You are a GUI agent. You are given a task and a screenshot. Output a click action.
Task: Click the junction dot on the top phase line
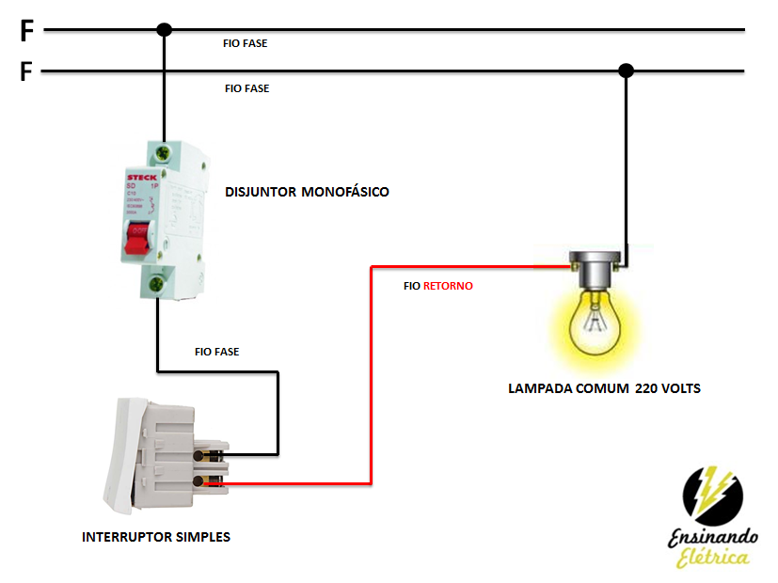click(x=164, y=30)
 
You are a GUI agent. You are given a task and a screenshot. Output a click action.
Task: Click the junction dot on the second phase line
click(x=626, y=71)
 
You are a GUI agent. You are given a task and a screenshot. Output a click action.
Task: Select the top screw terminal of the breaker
click(x=166, y=151)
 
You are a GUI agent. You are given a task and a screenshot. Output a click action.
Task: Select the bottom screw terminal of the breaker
click(x=166, y=280)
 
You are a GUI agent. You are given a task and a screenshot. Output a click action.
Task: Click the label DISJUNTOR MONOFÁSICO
click(x=307, y=192)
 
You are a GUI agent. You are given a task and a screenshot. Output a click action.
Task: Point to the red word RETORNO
click(x=448, y=286)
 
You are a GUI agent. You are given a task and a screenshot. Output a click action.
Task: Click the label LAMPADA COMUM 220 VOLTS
click(x=604, y=387)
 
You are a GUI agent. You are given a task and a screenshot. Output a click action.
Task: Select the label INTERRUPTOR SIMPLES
click(x=156, y=537)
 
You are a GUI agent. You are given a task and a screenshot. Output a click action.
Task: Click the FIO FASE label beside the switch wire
click(x=216, y=352)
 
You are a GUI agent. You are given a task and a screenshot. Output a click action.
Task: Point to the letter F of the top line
click(x=26, y=32)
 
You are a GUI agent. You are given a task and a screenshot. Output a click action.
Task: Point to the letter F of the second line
click(x=26, y=72)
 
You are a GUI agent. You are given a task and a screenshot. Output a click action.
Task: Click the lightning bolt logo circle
click(x=712, y=496)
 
